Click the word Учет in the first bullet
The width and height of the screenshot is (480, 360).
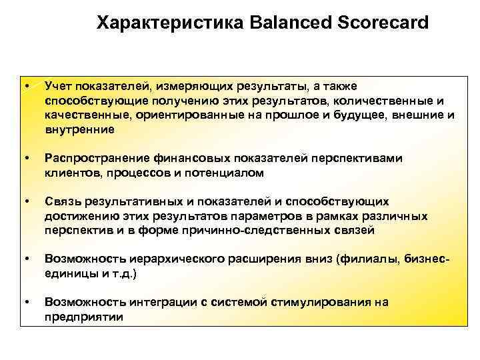pyautogui.click(x=59, y=86)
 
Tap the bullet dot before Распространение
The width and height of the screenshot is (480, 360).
pyautogui.click(x=26, y=159)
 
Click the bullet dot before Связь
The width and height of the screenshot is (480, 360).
pyautogui.click(x=26, y=202)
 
